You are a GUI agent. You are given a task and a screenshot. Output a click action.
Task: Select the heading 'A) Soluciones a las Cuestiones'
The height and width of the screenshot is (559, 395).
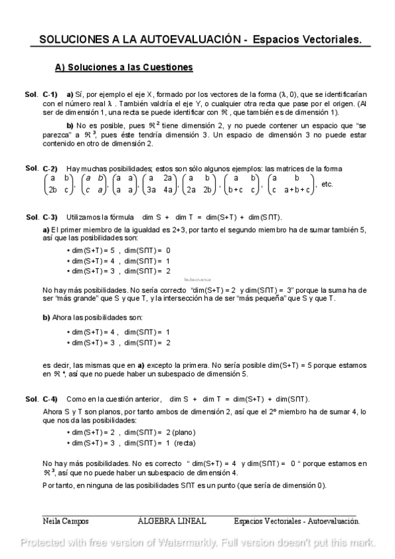tap(123, 67)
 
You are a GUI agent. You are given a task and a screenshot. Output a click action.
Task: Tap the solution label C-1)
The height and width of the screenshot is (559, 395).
tap(50, 94)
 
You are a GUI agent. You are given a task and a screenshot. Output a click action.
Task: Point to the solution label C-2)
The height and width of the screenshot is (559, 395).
tap(50, 168)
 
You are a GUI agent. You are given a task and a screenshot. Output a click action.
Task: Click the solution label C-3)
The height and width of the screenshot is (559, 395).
tap(50, 217)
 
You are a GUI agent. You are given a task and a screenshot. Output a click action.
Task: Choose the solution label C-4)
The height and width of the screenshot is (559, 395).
tap(50, 399)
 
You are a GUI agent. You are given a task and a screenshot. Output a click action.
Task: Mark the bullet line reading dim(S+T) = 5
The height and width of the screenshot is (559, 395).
tap(119, 250)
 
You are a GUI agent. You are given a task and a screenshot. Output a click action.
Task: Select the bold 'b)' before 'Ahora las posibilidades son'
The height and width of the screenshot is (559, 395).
tap(46, 318)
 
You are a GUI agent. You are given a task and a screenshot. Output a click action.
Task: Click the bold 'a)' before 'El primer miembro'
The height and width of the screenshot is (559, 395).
tap(46, 229)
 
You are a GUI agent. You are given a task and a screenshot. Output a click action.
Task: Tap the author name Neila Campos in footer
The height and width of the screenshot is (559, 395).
tap(65, 521)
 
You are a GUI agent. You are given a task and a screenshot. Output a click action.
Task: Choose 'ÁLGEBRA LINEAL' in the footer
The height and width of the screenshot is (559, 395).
tap(171, 521)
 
